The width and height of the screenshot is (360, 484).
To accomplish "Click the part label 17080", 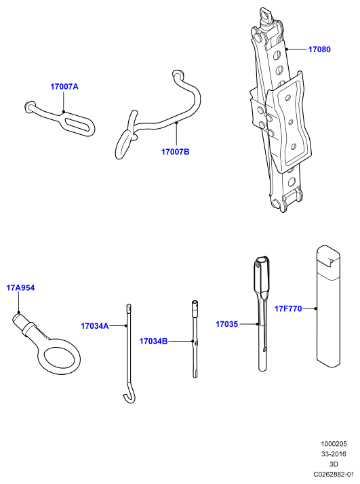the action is [x=319, y=49].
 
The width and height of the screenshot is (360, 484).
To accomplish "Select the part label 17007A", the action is [x=64, y=87].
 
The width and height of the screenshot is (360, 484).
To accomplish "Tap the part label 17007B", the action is [x=175, y=152].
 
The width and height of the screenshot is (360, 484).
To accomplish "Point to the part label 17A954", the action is [x=20, y=287].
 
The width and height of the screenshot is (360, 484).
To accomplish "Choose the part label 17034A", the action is [x=95, y=326].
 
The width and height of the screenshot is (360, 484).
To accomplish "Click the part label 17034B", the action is [x=153, y=342].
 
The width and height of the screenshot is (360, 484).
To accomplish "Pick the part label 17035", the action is [x=226, y=324].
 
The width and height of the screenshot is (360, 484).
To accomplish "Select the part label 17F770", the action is [x=288, y=308].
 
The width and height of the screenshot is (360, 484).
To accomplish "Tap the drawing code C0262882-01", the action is [x=334, y=474].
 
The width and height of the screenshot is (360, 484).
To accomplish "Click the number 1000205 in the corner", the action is [x=334, y=444].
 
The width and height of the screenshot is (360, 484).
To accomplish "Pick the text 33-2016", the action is [x=334, y=454].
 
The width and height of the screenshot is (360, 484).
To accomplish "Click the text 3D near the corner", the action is [x=334, y=464].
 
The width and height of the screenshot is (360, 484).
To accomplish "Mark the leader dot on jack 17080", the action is [x=287, y=49].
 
